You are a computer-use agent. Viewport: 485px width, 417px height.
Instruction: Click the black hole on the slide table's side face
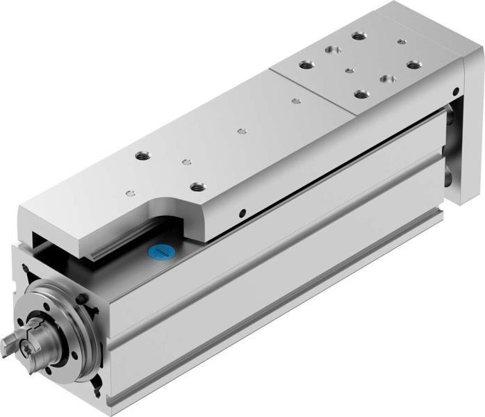[x=241, y=213]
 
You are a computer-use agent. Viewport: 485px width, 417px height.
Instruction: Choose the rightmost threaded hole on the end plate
[x=414, y=65]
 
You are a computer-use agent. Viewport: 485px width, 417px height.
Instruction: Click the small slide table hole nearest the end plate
[x=297, y=101]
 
